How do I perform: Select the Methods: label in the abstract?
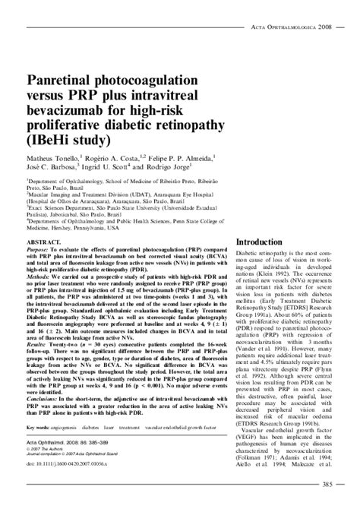(39, 280)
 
